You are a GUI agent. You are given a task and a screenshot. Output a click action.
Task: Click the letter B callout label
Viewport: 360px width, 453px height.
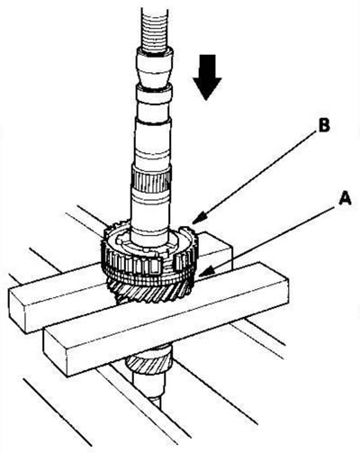324,126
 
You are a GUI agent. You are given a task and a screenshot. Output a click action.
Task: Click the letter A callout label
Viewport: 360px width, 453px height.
344,199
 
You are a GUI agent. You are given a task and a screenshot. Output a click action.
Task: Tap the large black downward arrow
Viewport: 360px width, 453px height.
207,77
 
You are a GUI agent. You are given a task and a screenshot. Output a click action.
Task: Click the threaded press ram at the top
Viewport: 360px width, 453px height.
154,29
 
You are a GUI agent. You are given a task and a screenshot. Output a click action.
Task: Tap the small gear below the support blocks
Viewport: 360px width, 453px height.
148,361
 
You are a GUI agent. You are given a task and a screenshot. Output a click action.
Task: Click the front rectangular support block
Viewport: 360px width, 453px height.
166,320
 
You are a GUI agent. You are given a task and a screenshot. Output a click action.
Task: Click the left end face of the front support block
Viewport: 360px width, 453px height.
56,352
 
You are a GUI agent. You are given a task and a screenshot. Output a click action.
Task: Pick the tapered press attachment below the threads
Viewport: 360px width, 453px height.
155,68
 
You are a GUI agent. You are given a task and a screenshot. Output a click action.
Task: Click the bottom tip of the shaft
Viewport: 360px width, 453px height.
157,403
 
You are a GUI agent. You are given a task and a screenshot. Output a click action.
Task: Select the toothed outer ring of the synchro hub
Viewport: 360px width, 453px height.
149,259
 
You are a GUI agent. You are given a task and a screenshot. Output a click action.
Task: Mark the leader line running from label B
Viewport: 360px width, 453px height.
255,176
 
